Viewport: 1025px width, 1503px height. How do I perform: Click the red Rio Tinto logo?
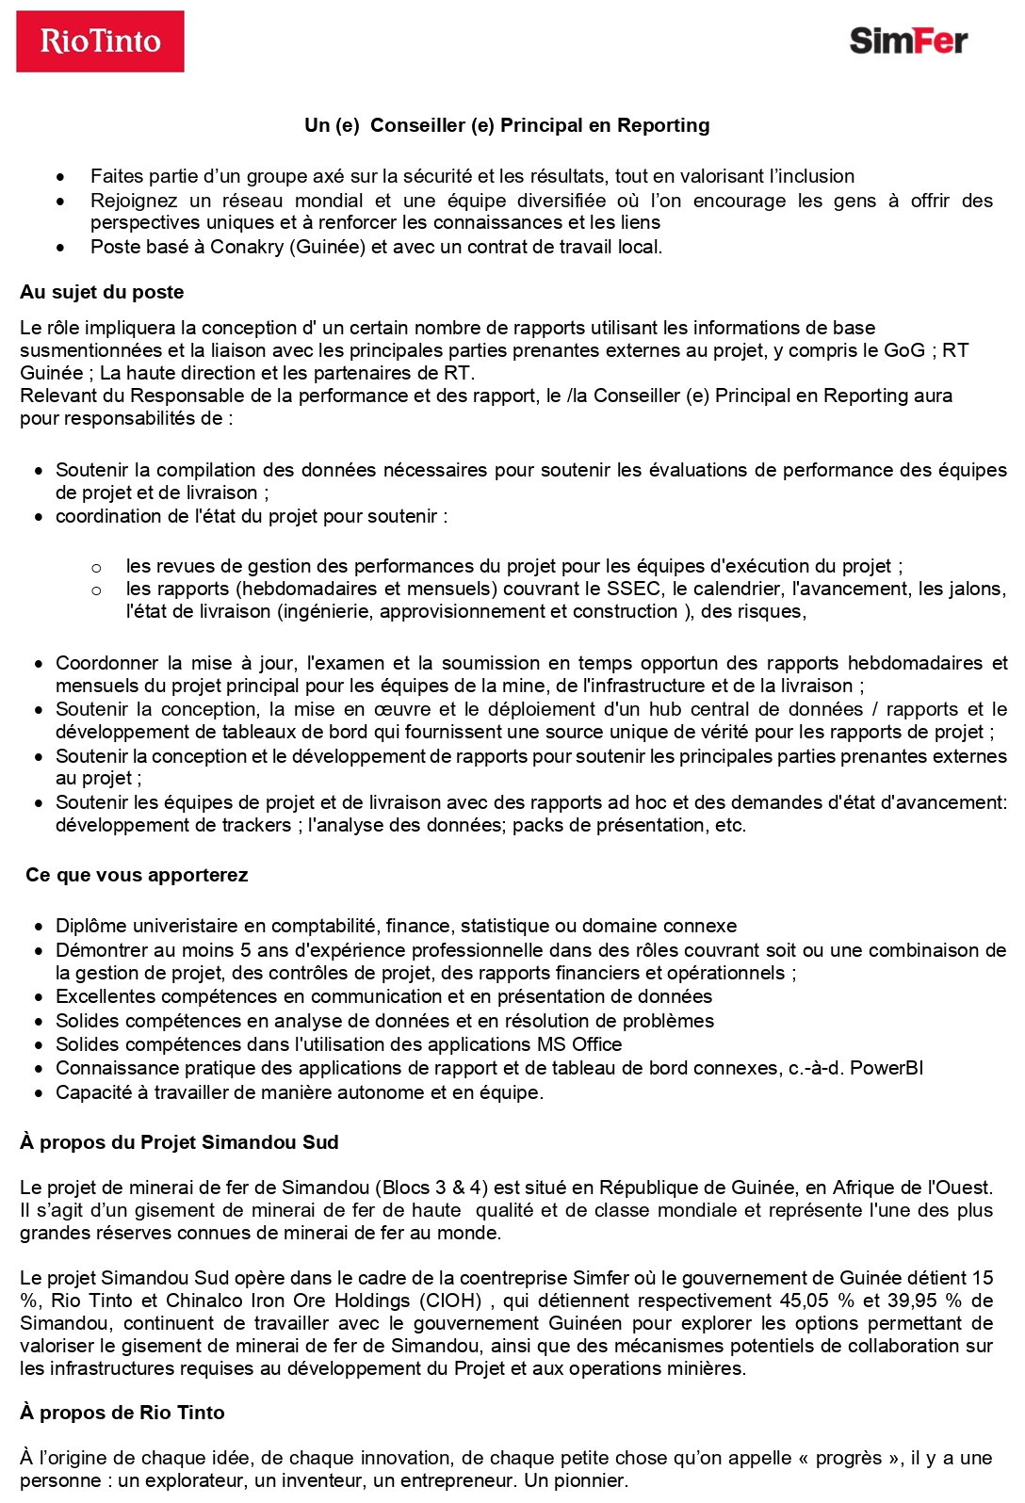(x=100, y=41)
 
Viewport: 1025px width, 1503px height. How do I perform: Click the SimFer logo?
(x=907, y=40)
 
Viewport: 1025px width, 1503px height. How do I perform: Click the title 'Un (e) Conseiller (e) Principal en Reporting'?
(x=507, y=125)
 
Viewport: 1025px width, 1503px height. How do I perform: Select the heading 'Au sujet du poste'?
(x=102, y=292)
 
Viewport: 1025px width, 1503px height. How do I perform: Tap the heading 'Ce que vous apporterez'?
(x=137, y=875)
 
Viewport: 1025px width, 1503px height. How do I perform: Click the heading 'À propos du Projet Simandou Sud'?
(x=179, y=1142)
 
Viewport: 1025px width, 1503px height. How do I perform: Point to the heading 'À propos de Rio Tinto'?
(x=122, y=1413)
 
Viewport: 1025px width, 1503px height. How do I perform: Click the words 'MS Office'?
(x=578, y=1044)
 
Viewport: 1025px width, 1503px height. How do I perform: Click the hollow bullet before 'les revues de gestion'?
(x=96, y=567)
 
